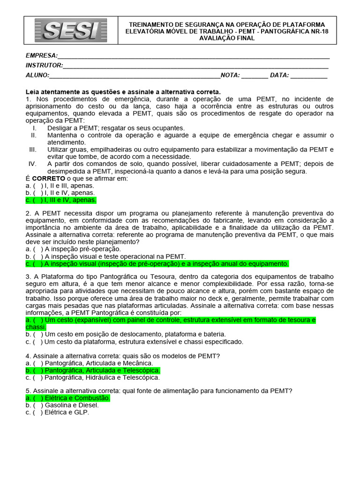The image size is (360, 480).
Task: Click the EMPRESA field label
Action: [42, 56]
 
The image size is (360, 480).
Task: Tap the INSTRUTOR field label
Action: [44, 66]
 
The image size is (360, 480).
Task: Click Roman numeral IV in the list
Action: [32, 164]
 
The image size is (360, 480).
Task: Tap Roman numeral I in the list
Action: [34, 128]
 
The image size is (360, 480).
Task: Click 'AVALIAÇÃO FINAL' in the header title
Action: [227, 38]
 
